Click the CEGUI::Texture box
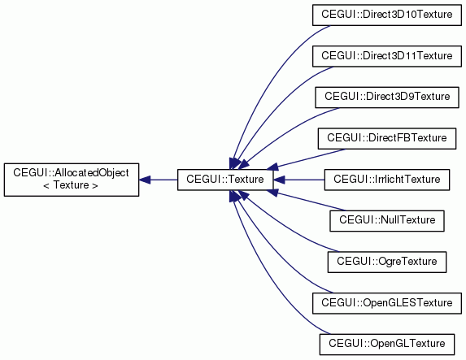click(225, 180)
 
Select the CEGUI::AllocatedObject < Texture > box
click(72, 180)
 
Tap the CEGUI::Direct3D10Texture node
click(386, 15)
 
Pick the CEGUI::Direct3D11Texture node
click(386, 56)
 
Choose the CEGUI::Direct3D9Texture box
click(386, 98)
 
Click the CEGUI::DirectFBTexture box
click(386, 138)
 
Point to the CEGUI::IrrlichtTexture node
click(386, 180)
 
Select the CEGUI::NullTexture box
click(386, 221)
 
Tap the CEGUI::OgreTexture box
click(386, 262)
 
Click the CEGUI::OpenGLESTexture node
click(386, 303)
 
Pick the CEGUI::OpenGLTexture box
click(386, 345)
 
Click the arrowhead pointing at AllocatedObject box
click(145, 180)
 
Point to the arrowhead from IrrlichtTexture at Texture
click(279, 180)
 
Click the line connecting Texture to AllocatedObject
click(163, 180)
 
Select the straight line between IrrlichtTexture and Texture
click(304, 180)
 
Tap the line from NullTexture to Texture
click(311, 202)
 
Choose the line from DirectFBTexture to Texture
click(311, 158)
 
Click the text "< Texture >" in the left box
click(71, 185)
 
